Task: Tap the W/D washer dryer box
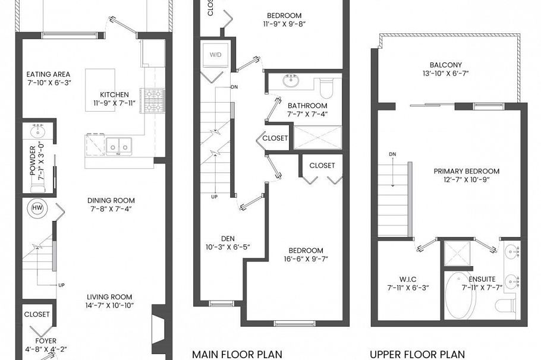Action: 214,55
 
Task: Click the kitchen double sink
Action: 119,144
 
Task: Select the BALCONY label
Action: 445,65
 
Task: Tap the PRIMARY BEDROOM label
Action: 466,171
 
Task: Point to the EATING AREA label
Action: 48,74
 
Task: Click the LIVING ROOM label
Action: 109,297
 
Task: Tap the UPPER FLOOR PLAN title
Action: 417,354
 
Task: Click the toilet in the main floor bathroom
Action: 326,87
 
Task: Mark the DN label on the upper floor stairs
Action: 392,154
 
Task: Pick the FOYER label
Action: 46,341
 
